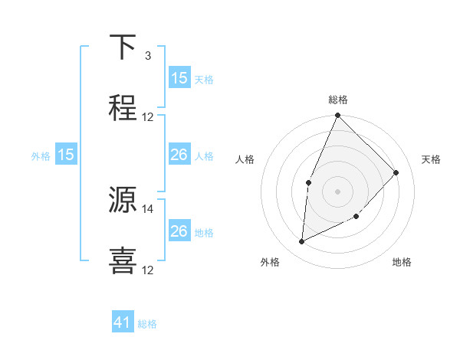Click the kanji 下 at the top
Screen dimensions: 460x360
pos(123,47)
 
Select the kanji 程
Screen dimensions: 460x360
pos(123,108)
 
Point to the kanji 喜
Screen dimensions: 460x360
pos(123,260)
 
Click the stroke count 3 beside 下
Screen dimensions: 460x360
pos(147,56)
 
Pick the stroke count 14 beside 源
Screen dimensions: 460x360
pos(148,208)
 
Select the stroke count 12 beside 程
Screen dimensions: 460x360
pos(148,117)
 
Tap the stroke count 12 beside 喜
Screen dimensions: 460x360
pos(148,270)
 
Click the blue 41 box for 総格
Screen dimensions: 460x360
pos(123,323)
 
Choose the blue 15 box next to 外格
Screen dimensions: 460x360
pos(66,155)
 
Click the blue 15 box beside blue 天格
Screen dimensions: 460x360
pos(179,78)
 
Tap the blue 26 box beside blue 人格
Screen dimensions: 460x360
pos(179,155)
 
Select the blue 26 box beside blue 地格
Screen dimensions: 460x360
pos(179,231)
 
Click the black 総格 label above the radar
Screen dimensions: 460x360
pos(338,100)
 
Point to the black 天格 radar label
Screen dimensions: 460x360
pos(432,159)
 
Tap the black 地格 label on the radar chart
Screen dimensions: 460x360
pos(402,262)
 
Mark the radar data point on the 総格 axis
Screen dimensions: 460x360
pos(337,116)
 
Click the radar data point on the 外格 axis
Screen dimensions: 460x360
pos(301,241)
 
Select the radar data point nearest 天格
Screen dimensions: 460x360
pos(396,172)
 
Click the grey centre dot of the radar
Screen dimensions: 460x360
pos(337,191)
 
